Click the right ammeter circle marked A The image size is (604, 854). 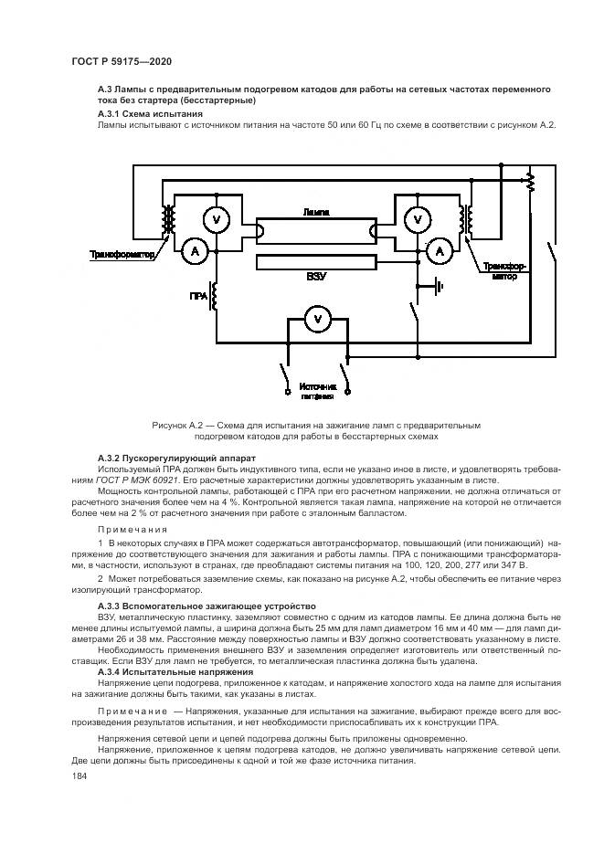tap(440, 249)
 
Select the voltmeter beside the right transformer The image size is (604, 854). tap(417, 219)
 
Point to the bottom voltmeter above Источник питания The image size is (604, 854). tap(316, 319)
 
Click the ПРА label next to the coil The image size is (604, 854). tap(198, 297)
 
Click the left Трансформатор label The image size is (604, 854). tap(122, 255)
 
